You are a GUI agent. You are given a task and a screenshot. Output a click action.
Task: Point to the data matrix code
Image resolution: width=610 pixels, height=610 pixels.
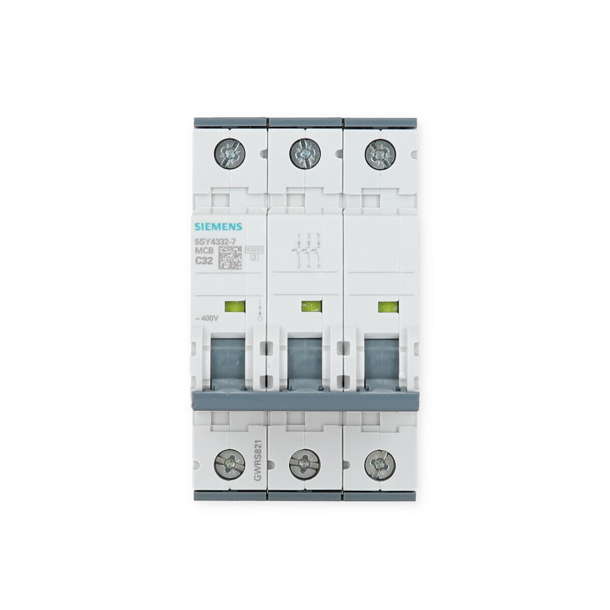click(231, 258)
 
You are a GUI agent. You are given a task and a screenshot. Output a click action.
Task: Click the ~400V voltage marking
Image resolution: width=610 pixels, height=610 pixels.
click(207, 318)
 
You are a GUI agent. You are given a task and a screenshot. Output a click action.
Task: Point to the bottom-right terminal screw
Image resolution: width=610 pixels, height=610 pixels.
click(380, 463)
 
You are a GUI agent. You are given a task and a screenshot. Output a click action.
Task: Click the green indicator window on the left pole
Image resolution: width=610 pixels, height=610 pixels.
click(234, 307)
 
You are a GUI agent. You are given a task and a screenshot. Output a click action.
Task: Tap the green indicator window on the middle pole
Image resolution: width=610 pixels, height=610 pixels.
click(311, 307)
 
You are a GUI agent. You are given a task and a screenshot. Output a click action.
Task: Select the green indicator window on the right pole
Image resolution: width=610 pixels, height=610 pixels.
click(387, 307)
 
